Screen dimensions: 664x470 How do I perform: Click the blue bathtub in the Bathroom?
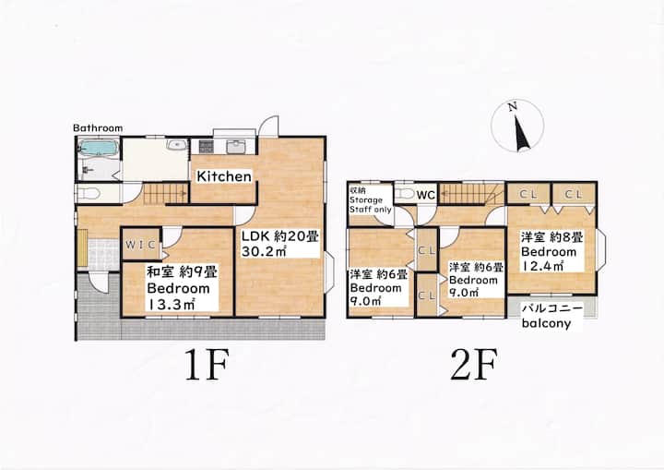(98, 148)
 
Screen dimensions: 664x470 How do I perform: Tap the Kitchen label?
(224, 176)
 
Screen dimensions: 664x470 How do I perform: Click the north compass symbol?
(517, 126)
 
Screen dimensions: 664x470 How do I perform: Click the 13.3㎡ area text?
(171, 304)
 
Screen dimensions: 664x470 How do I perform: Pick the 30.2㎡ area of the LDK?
(265, 250)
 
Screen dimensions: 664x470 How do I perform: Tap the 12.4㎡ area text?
(542, 266)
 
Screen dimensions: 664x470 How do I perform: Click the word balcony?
(546, 323)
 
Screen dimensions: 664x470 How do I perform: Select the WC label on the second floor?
(425, 195)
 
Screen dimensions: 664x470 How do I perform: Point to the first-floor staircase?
(166, 194)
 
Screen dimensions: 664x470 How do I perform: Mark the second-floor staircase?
(471, 194)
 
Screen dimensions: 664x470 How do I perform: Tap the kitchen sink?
(234, 147)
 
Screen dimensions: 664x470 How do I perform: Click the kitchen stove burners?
(207, 147)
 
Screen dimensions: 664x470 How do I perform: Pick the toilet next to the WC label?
(405, 194)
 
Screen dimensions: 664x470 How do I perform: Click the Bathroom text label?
(98, 127)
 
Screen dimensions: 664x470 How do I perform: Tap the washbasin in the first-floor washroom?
(177, 145)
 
